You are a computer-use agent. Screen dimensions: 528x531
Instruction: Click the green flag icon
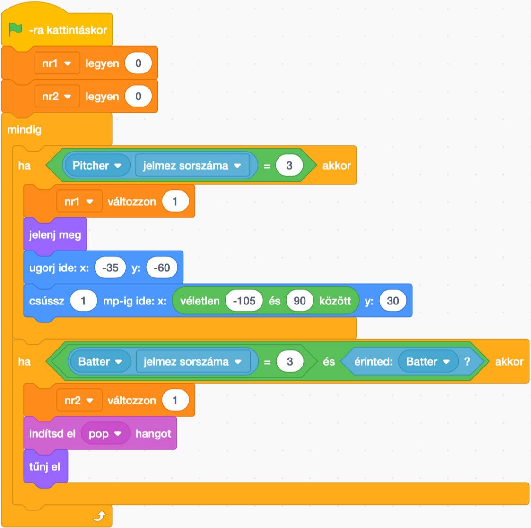pyautogui.click(x=16, y=30)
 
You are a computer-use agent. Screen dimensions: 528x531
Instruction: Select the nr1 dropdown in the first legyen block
pyautogui.click(x=57, y=63)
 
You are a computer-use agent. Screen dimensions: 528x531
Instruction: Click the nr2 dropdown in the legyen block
pyautogui.click(x=57, y=97)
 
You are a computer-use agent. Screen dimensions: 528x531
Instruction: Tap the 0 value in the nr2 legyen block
pyautogui.click(x=138, y=97)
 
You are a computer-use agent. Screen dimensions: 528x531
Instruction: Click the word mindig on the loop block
pyautogui.click(x=24, y=129)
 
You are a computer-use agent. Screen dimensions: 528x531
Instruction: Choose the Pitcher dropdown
pyautogui.click(x=97, y=166)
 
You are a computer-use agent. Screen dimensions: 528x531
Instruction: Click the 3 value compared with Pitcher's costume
pyautogui.click(x=289, y=166)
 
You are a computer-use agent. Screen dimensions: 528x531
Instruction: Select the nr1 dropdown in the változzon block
pyautogui.click(x=78, y=202)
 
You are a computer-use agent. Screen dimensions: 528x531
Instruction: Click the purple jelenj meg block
pyautogui.click(x=55, y=234)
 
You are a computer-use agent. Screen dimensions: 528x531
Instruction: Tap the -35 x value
pyautogui.click(x=110, y=268)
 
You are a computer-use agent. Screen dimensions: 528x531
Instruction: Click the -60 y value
pyautogui.click(x=162, y=268)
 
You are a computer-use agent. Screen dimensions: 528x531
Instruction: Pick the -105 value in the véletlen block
pyautogui.click(x=244, y=301)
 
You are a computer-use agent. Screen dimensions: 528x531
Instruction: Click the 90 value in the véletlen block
pyautogui.click(x=299, y=301)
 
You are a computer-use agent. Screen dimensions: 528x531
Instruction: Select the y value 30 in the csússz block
pyautogui.click(x=392, y=301)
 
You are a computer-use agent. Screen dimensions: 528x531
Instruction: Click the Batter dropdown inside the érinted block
pyautogui.click(x=428, y=362)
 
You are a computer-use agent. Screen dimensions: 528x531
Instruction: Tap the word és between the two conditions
pyautogui.click(x=329, y=362)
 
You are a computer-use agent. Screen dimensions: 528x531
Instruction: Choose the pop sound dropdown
pyautogui.click(x=105, y=434)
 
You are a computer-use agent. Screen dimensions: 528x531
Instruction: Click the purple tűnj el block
pyautogui.click(x=45, y=466)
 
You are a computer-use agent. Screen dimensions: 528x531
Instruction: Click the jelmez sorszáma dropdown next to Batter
pyautogui.click(x=192, y=362)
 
